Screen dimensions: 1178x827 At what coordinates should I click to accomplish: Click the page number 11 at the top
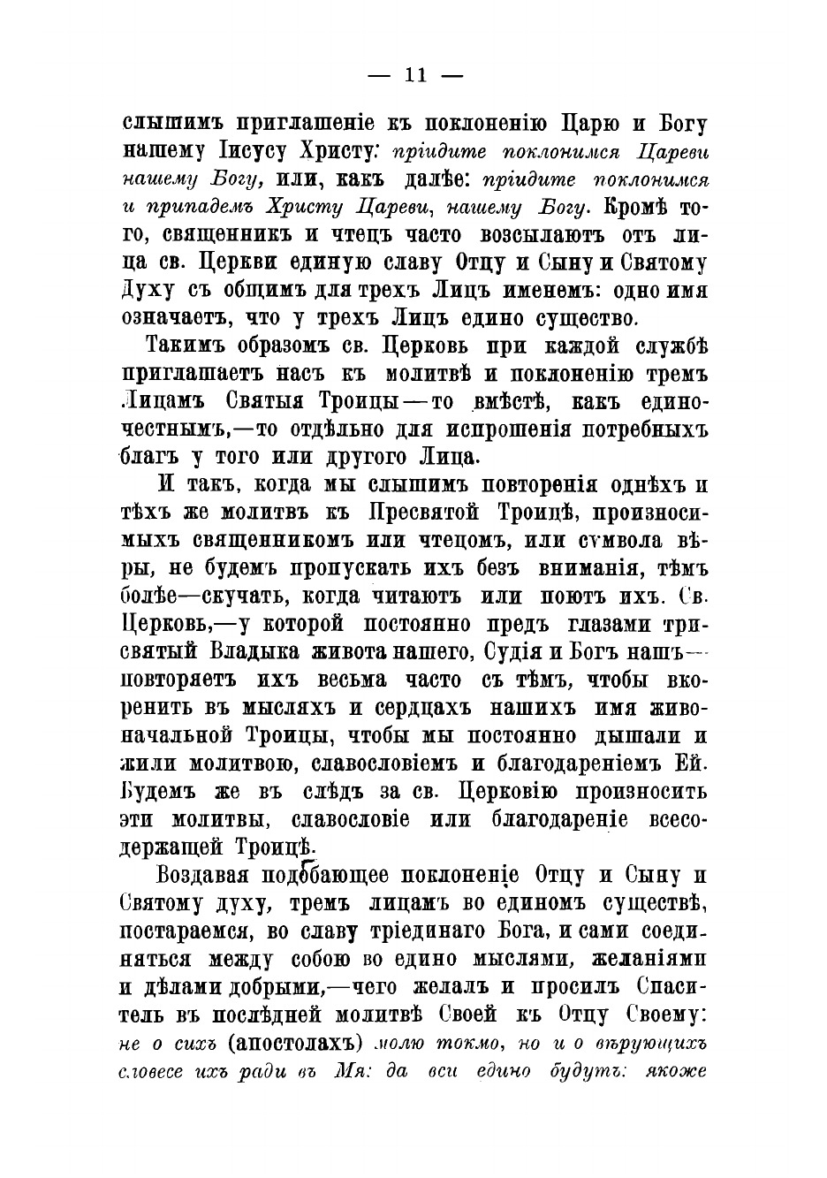(x=413, y=75)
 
